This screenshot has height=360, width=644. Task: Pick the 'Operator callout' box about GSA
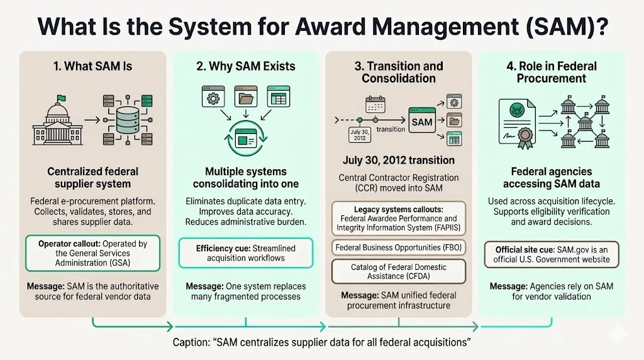point(93,253)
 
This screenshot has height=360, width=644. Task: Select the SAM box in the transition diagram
point(423,121)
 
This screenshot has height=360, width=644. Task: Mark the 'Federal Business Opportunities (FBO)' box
point(399,247)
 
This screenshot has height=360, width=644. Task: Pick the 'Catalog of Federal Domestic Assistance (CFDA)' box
point(399,271)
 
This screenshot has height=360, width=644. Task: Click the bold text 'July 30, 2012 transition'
point(399,160)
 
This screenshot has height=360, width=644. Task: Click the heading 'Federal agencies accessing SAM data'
point(552,177)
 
